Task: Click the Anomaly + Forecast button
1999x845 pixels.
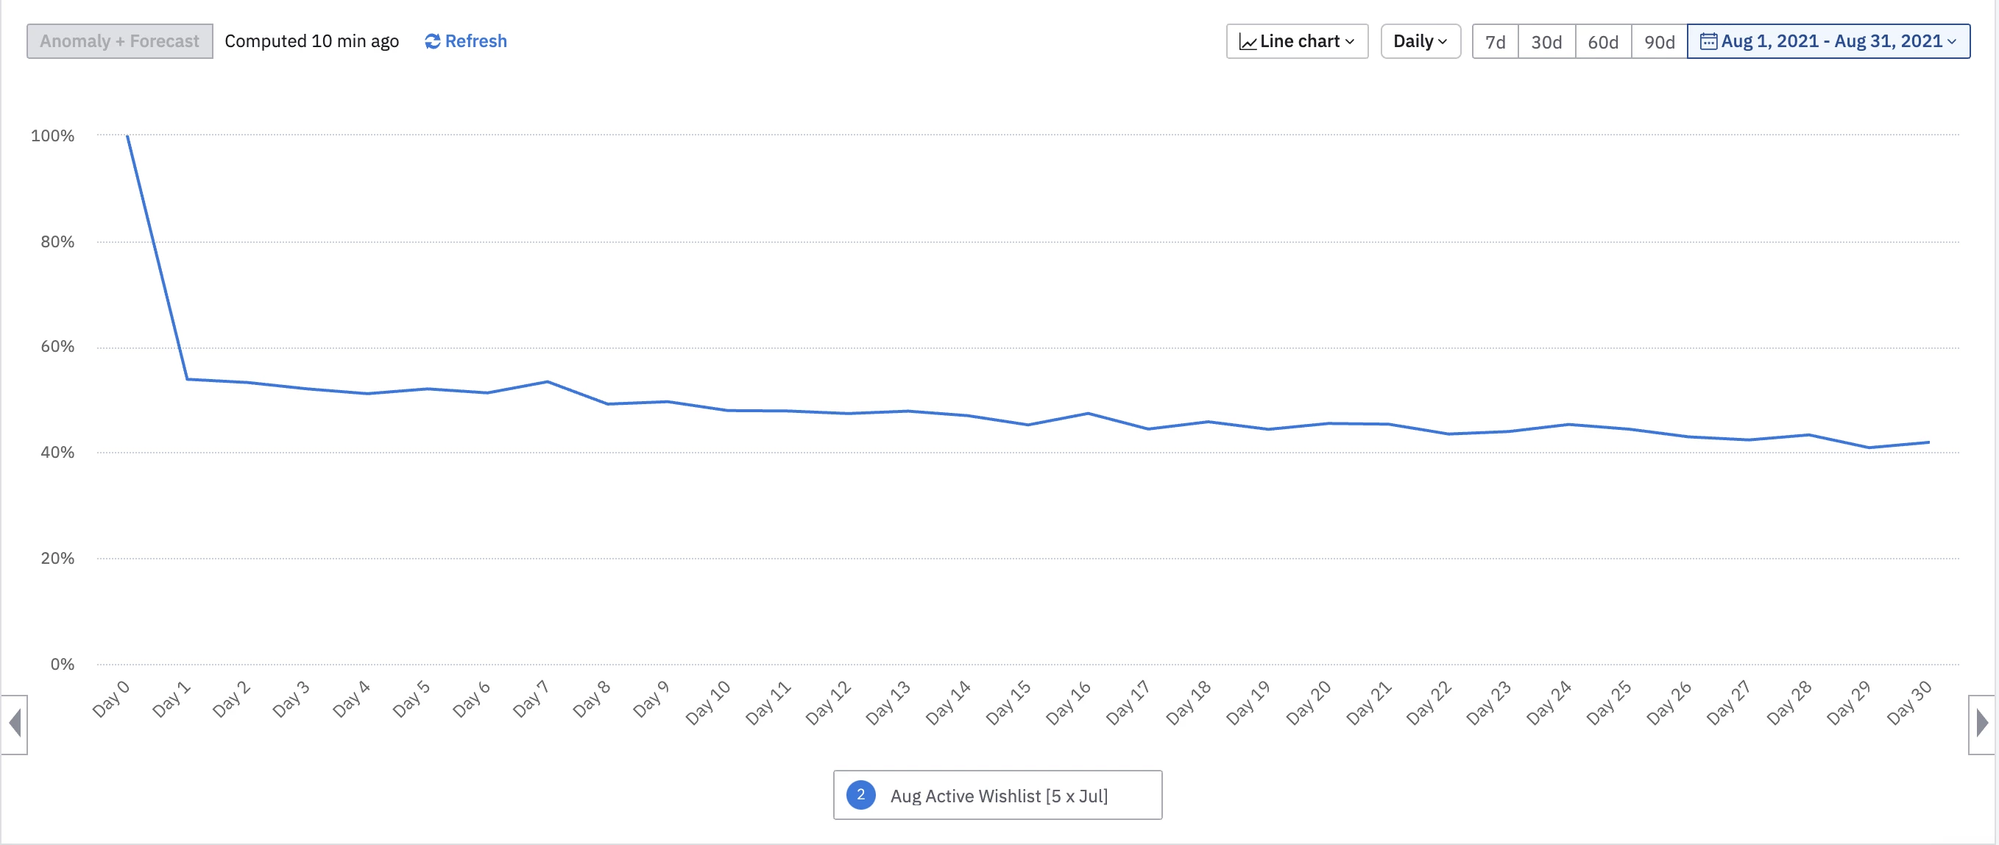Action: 119,41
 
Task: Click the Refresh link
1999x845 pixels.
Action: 466,41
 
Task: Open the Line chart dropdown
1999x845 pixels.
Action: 1297,41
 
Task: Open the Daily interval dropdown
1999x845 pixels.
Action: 1420,41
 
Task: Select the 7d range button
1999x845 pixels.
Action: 1495,42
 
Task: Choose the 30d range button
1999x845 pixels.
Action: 1546,42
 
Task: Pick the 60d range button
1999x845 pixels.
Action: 1602,42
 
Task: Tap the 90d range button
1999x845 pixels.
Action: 1659,42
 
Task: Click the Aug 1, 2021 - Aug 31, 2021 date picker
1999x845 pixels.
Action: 1828,41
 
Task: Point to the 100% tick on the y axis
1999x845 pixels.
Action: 53,135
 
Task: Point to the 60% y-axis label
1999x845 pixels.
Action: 57,347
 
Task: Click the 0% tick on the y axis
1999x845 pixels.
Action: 62,664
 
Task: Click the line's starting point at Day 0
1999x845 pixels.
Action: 127,135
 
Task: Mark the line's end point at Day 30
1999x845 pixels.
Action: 1929,442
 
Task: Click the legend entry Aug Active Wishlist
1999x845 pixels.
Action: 998,796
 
